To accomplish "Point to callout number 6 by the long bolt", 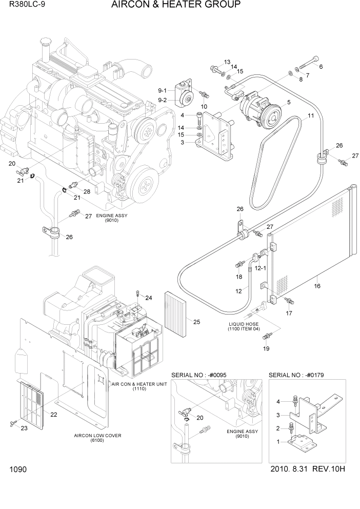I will click(x=321, y=67).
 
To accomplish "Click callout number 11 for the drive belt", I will click(x=311, y=116).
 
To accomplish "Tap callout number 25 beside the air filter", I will click(x=196, y=322).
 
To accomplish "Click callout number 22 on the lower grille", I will click(x=52, y=414).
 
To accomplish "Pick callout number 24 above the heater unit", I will click(x=149, y=298).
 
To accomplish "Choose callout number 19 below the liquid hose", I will click(x=266, y=348).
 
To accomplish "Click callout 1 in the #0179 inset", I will click(x=278, y=442).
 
